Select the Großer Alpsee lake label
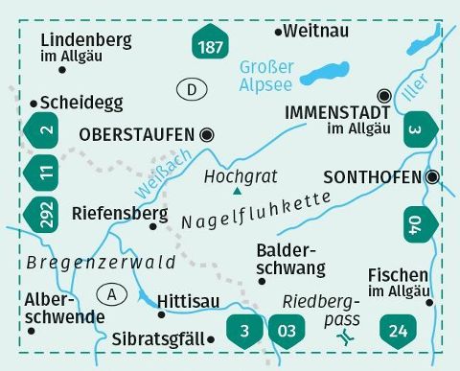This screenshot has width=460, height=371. pyautogui.click(x=266, y=75)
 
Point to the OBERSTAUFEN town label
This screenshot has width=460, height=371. pyautogui.click(x=141, y=134)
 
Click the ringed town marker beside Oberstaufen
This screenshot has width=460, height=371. pyautogui.click(x=207, y=134)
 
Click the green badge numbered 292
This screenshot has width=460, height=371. pyautogui.click(x=40, y=211)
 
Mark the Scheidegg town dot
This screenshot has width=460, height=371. pyautogui.click(x=34, y=102)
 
